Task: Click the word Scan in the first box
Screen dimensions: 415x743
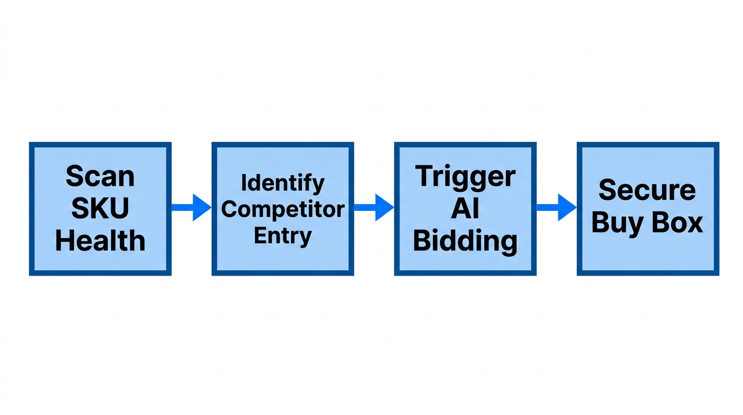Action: (100, 177)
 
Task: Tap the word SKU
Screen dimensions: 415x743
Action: (100, 209)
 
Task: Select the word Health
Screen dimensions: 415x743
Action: (100, 240)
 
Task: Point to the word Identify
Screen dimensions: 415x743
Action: (282, 184)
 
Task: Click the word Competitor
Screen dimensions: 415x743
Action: (282, 209)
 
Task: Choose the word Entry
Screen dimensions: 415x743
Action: (282, 236)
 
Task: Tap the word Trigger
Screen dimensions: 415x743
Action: (465, 177)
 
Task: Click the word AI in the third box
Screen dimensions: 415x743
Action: (465, 209)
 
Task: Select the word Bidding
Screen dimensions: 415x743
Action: (465, 240)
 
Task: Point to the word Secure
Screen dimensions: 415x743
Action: (647, 190)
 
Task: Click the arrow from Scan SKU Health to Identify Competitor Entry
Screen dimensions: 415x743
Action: (191, 207)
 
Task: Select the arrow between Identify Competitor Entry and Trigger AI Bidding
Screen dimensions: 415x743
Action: (374, 207)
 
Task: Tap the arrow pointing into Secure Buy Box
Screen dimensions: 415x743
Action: (556, 207)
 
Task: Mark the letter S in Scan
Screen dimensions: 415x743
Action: (74, 177)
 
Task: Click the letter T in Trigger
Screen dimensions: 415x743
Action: (424, 176)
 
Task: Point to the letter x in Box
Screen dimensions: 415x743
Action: (695, 224)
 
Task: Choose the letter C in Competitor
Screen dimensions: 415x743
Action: (229, 209)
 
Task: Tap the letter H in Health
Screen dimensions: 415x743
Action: (64, 240)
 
